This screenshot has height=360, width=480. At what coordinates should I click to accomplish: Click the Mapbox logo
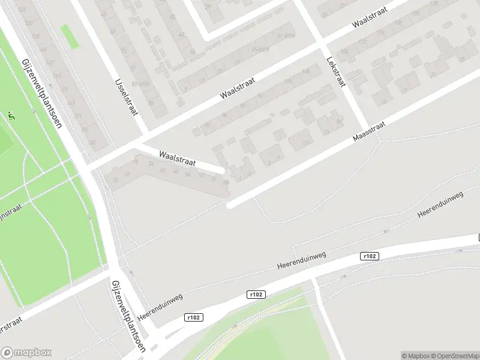26,353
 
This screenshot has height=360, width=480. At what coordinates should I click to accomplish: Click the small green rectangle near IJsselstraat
70,37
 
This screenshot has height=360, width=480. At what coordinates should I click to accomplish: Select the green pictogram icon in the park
11,116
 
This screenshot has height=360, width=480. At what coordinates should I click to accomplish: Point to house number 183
92,142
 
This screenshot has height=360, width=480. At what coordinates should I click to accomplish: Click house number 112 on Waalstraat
288,80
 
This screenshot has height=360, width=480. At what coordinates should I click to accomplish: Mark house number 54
188,174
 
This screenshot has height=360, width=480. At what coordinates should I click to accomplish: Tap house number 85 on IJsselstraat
151,103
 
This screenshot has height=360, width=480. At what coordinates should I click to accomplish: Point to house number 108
306,71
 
